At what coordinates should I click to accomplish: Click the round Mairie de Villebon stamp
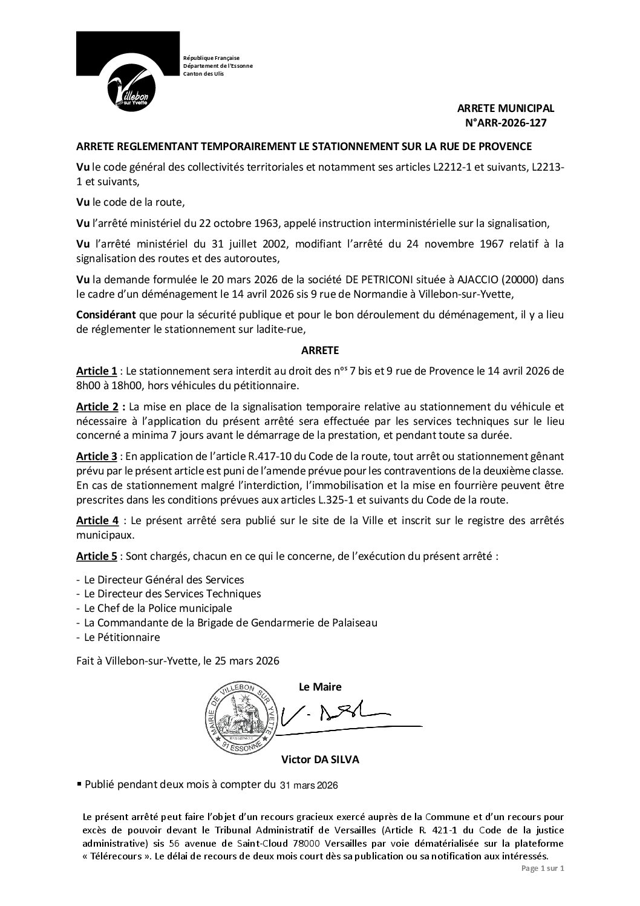[x=243, y=717]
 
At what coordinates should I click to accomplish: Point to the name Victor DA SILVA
[x=320, y=760]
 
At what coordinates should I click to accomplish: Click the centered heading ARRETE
[x=320, y=350]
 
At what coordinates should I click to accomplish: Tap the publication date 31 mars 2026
[x=309, y=786]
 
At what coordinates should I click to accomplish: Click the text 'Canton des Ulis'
[x=203, y=73]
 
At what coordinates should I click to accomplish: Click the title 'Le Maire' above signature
[x=320, y=687]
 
